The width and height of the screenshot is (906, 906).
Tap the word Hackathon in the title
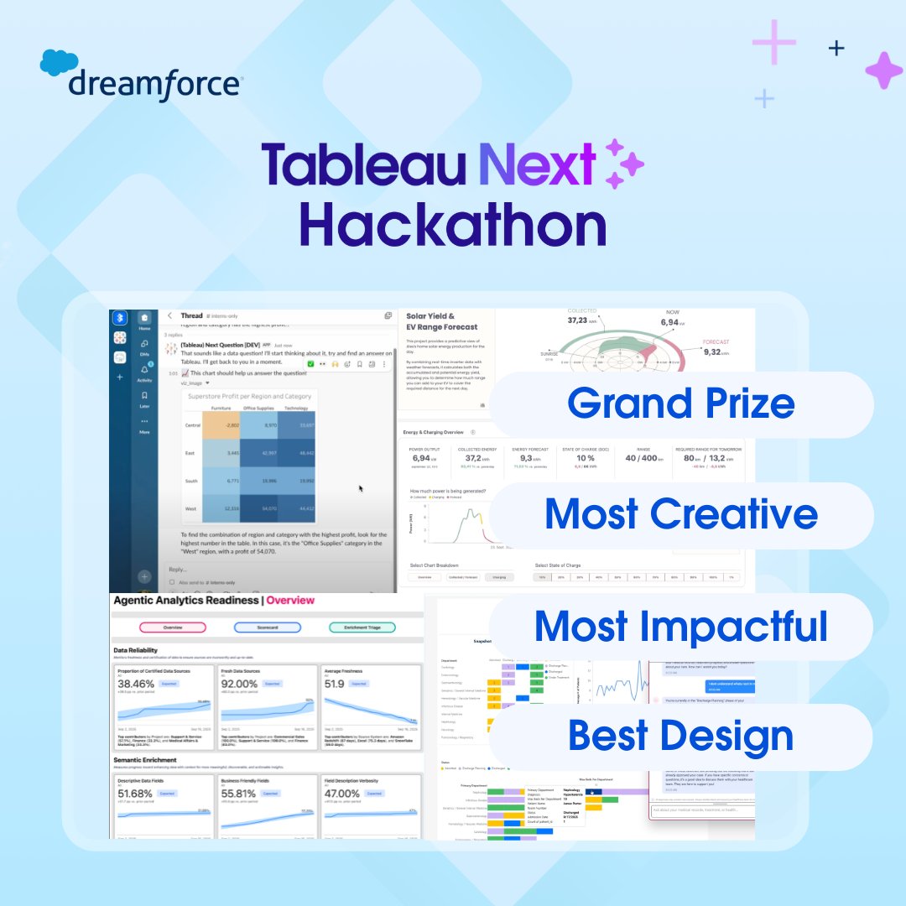(x=452, y=226)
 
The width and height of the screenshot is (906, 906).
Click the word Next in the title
(x=537, y=164)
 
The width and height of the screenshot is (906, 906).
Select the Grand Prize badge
(x=680, y=404)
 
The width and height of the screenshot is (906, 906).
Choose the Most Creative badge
(x=680, y=514)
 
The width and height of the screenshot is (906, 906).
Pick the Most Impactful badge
(x=680, y=626)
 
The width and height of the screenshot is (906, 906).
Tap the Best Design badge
(x=680, y=736)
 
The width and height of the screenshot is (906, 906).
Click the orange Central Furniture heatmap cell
(x=221, y=426)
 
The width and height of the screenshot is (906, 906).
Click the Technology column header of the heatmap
(x=297, y=408)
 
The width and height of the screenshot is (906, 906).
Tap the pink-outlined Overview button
(x=173, y=627)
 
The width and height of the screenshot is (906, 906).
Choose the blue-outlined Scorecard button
(x=268, y=627)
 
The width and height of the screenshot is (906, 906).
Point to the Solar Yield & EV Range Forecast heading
(x=441, y=321)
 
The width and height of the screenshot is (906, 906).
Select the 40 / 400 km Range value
(x=642, y=458)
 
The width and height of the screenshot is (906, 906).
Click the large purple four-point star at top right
(x=883, y=70)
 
